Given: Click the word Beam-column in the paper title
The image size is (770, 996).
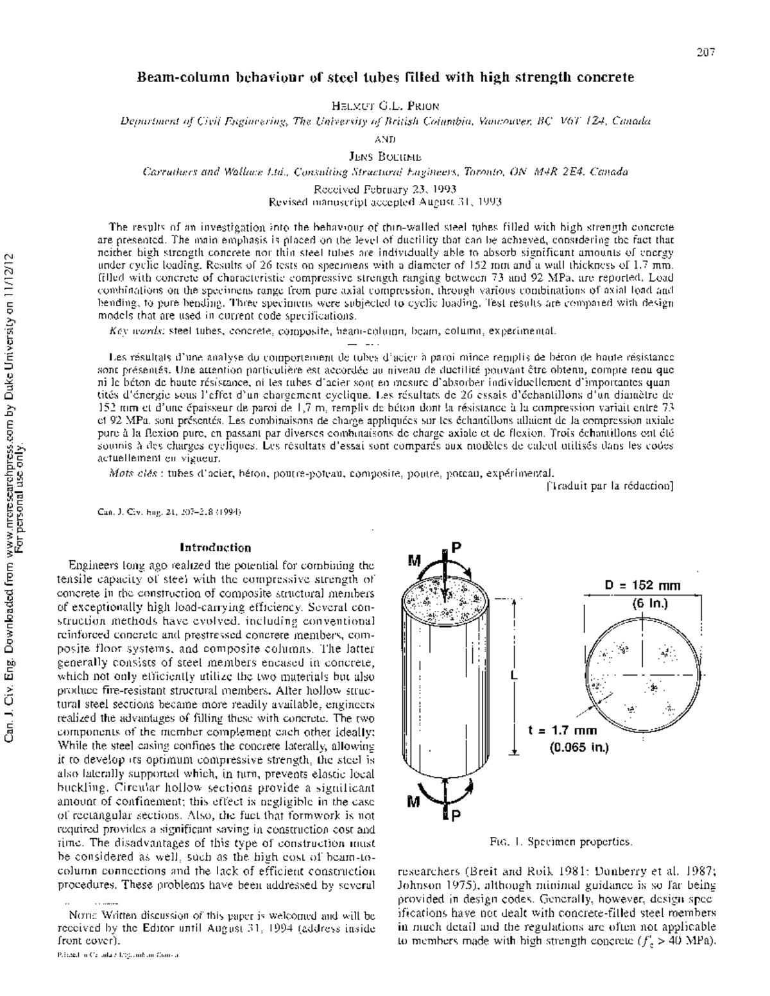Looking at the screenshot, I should pyautogui.click(x=175, y=78).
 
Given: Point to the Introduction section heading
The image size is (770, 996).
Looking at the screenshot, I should pyautogui.click(x=215, y=547).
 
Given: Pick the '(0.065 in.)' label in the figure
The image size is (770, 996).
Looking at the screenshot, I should pyautogui.click(x=578, y=747).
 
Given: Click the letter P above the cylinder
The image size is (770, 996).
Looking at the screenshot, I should pyautogui.click(x=456, y=547).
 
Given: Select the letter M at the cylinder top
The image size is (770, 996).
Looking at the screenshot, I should pyautogui.click(x=415, y=561).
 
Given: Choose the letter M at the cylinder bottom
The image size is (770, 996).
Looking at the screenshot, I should pyautogui.click(x=414, y=802).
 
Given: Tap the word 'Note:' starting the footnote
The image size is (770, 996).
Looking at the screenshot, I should pyautogui.click(x=85, y=916).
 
